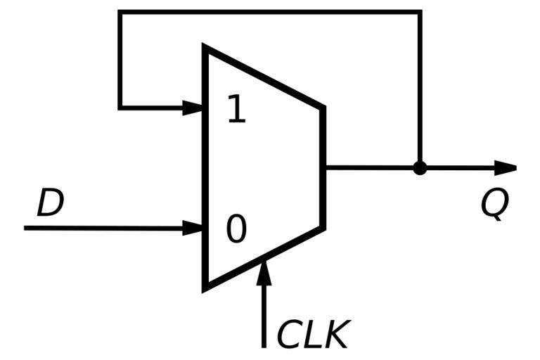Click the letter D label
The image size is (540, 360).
50,203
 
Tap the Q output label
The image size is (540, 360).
494,205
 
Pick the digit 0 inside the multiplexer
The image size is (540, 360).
236,230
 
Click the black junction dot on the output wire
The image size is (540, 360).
420,168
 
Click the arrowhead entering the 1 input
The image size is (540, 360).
193,108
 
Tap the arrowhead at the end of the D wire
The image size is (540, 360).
193,228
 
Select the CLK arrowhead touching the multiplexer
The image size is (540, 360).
264,271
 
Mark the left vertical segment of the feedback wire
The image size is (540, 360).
120,60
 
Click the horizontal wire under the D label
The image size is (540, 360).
98,228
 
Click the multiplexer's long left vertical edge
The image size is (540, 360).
205,168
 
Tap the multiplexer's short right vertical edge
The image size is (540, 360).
323,168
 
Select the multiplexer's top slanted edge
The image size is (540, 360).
264,77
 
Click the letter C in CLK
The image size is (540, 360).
290,335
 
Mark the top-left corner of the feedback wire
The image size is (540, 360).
120,12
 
